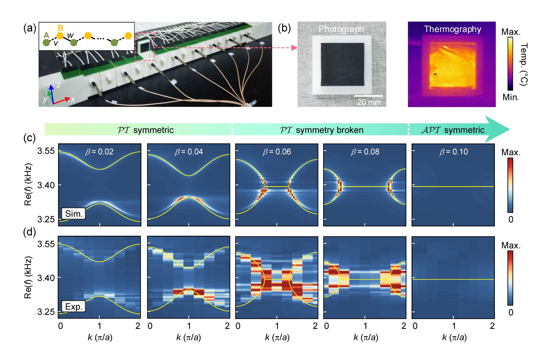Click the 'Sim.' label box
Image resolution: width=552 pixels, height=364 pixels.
[74, 213]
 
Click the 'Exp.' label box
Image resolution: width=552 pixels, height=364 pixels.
[74, 306]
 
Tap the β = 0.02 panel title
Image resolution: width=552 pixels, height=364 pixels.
[99, 152]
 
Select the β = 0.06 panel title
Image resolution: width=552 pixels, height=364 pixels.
[277, 152]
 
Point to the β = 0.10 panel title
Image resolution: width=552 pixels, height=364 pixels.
[454, 152]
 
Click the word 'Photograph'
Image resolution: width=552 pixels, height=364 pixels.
[341, 29]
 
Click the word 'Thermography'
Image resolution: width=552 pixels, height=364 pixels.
[453, 29]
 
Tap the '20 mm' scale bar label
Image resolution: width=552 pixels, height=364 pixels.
[369, 102]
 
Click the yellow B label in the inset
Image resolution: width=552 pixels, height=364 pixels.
[61, 28]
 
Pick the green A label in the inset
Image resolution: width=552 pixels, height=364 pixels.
[46, 35]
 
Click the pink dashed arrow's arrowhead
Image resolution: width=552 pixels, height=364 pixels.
[295, 48]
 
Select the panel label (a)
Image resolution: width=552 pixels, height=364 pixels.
[30, 28]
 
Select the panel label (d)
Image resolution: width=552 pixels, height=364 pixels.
[30, 232]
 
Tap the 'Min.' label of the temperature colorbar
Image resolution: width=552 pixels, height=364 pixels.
[510, 97]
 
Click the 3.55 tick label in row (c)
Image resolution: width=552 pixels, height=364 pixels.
[46, 151]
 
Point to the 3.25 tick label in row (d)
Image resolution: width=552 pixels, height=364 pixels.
[46, 311]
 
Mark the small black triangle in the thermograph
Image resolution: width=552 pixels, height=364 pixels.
[435, 73]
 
